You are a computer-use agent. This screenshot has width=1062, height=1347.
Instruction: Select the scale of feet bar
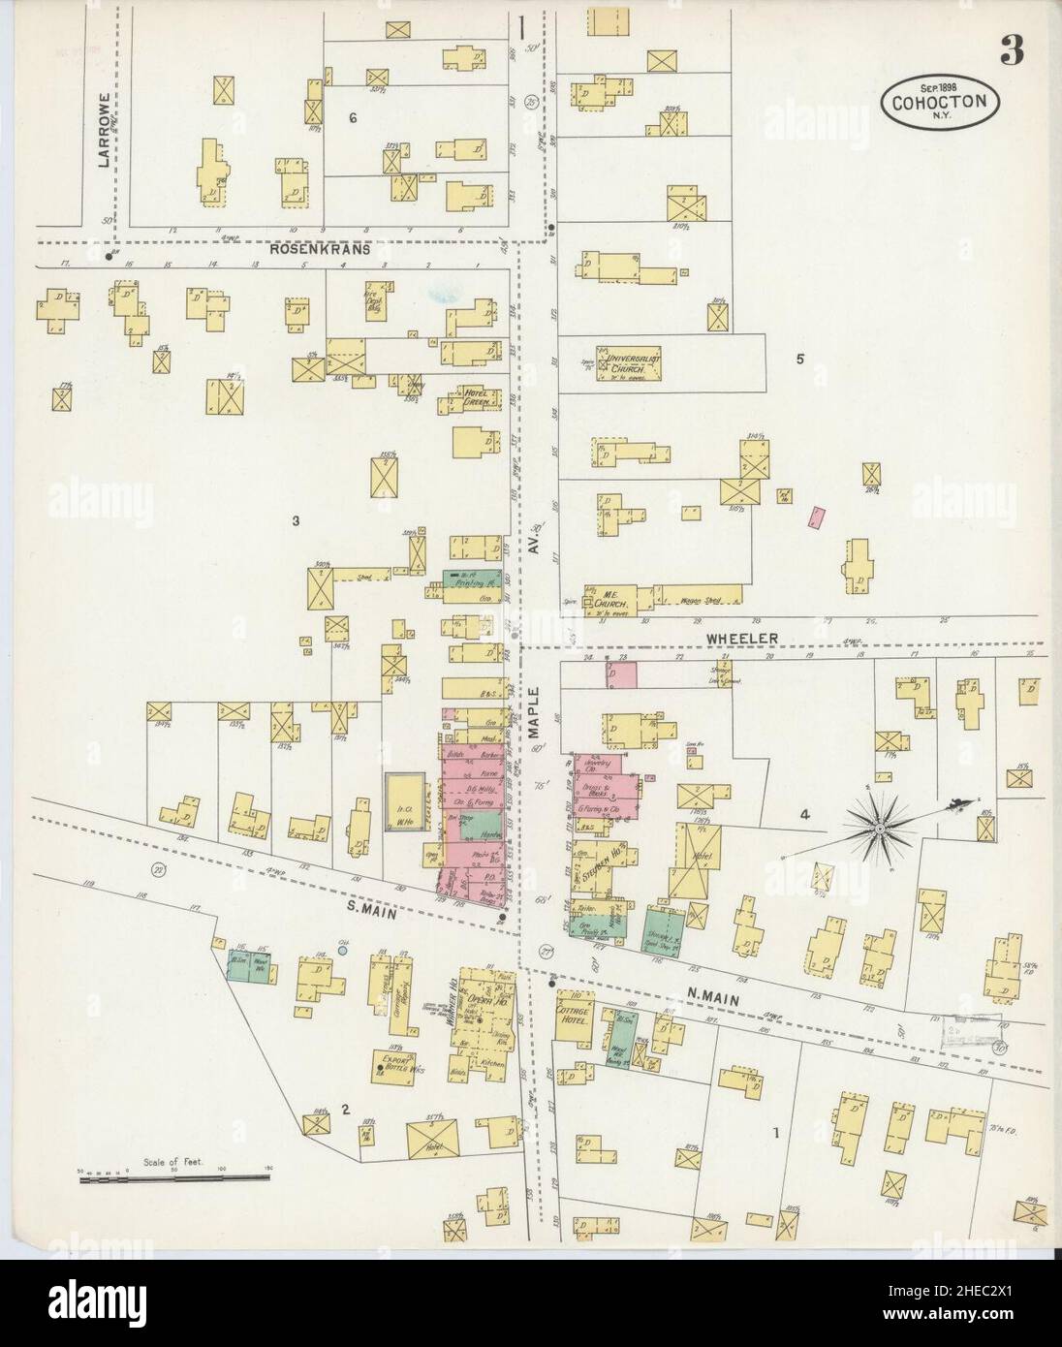174,1176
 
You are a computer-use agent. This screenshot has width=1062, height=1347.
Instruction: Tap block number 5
799,360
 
